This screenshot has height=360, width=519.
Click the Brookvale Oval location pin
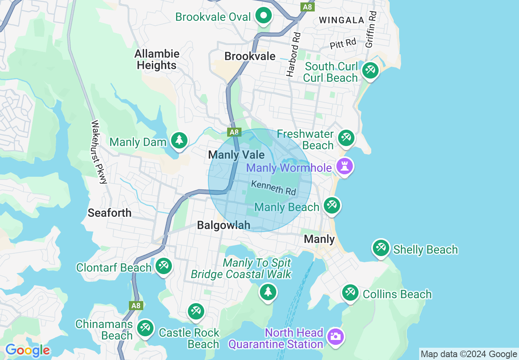click(x=264, y=16)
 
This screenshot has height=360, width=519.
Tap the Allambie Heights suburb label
click(x=157, y=59)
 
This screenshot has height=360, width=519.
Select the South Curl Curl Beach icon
click(x=370, y=70)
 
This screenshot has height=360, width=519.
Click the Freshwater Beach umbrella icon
click(x=346, y=138)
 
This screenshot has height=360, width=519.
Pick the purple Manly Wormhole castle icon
click(x=345, y=166)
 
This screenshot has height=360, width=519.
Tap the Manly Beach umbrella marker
click(x=332, y=205)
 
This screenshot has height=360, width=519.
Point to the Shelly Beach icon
click(x=381, y=248)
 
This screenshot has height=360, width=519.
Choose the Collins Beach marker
click(x=350, y=292)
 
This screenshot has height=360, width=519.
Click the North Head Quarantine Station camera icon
click(x=335, y=337)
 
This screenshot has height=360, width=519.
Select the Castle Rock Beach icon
click(x=196, y=312)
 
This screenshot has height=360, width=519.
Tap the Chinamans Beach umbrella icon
click(x=145, y=328)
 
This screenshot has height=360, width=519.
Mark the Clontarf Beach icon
click(x=164, y=266)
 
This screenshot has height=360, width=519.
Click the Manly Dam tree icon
click(x=179, y=140)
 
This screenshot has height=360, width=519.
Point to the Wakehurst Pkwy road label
click(x=98, y=152)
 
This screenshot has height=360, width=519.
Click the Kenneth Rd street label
click(x=273, y=188)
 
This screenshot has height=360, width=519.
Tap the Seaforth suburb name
click(x=110, y=213)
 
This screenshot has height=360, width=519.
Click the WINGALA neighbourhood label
click(x=341, y=20)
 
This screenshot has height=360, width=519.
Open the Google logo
click(x=27, y=351)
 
